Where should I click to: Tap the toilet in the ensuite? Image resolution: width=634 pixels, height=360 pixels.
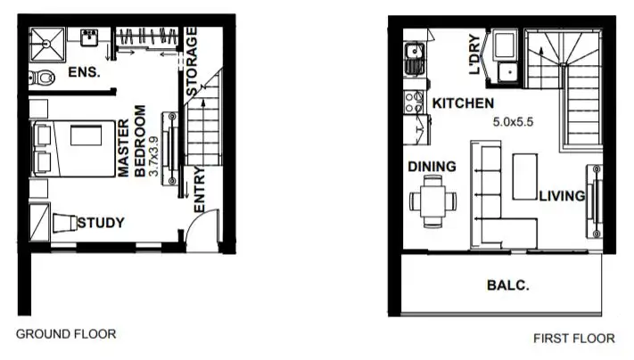43,77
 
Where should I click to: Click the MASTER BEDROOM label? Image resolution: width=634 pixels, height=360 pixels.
131,143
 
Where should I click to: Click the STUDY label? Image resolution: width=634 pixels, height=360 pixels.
101,223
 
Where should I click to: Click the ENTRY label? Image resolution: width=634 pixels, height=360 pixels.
199,189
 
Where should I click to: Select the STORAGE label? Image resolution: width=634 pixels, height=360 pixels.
193,61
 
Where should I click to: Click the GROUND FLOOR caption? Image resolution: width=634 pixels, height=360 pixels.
66,334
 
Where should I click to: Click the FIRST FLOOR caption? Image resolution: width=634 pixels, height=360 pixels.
573,339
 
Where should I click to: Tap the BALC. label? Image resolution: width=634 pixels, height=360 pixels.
508,286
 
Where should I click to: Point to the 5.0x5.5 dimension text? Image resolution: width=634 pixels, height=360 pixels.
512,123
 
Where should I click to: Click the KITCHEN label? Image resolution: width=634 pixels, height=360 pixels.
463,104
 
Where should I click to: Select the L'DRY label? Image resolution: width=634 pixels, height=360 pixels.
475,55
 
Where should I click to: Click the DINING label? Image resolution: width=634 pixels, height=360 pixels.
432,166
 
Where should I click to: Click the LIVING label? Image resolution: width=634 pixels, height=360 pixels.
561,196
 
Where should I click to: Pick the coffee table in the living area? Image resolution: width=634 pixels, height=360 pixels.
524,176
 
